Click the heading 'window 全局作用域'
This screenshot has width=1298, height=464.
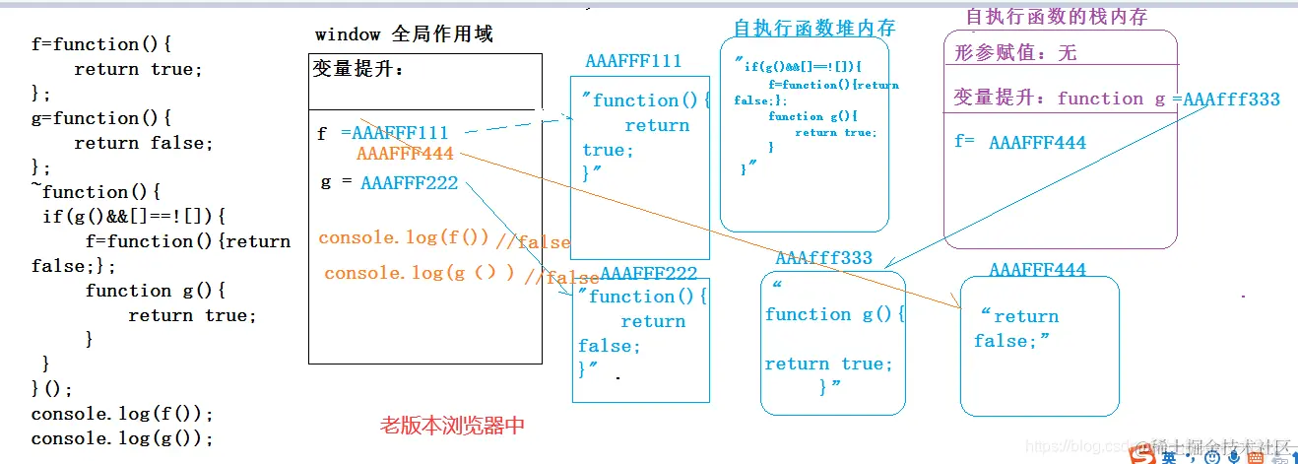point(404,34)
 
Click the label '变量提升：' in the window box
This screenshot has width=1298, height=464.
point(358,70)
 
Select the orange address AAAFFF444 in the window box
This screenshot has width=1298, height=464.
point(405,154)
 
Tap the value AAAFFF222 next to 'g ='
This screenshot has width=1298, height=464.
point(411,182)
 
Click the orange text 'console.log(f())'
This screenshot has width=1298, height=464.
point(404,237)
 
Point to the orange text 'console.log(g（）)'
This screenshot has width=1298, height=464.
point(420,273)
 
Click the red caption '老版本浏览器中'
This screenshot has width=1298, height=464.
point(452,426)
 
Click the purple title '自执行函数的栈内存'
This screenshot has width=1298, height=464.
point(1057,16)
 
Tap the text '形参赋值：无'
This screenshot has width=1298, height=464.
point(1015,53)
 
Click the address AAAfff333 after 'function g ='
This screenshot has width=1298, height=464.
point(1231,99)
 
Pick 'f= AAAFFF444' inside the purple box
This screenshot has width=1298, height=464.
point(1020,143)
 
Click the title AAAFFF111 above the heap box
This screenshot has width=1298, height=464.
point(633,61)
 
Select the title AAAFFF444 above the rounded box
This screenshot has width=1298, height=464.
point(1037,270)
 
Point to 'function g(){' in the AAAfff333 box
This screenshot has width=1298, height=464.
point(835,314)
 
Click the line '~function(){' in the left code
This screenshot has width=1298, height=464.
point(95,192)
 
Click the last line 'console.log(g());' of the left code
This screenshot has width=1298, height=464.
point(122,438)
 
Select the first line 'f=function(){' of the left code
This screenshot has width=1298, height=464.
point(101,44)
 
